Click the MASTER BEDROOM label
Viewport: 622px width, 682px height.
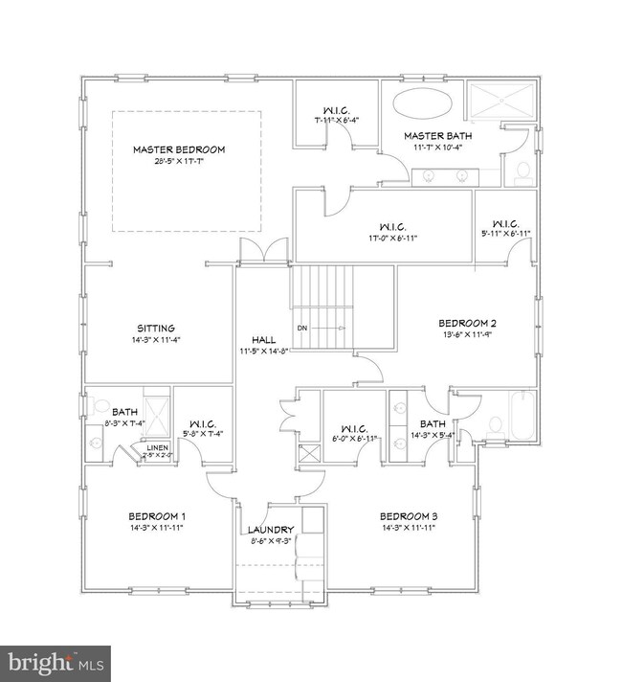(x=178, y=149)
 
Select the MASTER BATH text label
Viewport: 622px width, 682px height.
(x=437, y=136)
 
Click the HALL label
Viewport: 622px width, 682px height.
(x=263, y=339)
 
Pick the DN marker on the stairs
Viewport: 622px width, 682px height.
(x=302, y=328)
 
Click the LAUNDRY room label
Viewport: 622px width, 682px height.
(x=271, y=530)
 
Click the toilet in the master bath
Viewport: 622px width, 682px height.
(x=522, y=171)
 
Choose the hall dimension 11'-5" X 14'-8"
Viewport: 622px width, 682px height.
(x=263, y=351)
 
